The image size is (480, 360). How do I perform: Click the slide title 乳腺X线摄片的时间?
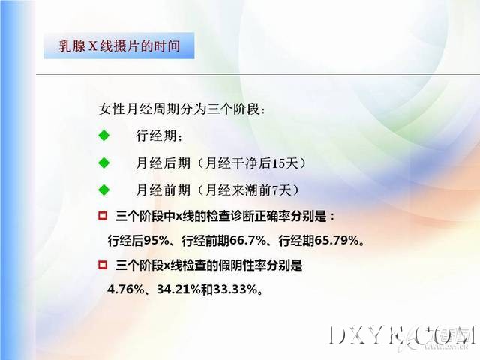[x=119, y=46]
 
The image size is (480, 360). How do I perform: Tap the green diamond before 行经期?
[x=104, y=135]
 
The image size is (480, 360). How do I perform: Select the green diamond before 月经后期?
[x=104, y=163]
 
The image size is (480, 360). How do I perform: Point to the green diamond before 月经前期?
[x=104, y=190]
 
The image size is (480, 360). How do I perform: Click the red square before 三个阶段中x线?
[x=103, y=216]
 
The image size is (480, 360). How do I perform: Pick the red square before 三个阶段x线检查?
[x=103, y=264]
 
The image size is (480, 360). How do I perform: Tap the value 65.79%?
[x=337, y=241]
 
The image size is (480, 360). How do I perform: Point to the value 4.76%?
[x=125, y=289]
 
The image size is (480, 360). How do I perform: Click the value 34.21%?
[x=178, y=289]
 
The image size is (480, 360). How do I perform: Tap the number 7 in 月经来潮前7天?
[x=274, y=190]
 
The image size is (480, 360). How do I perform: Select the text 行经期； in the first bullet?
[x=159, y=136]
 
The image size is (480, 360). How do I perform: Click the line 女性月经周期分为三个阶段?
[x=181, y=109]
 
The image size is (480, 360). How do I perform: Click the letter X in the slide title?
[x=93, y=46]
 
